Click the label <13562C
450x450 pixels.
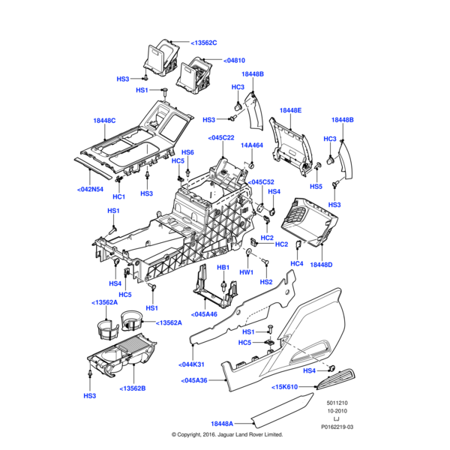[202, 43]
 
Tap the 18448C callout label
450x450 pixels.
[104, 121]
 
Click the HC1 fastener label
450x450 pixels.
[118, 196]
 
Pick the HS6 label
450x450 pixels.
[187, 152]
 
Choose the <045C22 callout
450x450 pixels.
[221, 138]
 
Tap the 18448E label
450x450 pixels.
[290, 111]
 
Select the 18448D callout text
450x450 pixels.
[321, 265]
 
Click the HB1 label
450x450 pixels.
[223, 268]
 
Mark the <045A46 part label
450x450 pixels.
[204, 314]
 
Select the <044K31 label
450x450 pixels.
[192, 364]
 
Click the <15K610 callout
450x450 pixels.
[285, 386]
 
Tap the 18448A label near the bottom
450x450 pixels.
[222, 423]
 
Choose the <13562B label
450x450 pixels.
[132, 388]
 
